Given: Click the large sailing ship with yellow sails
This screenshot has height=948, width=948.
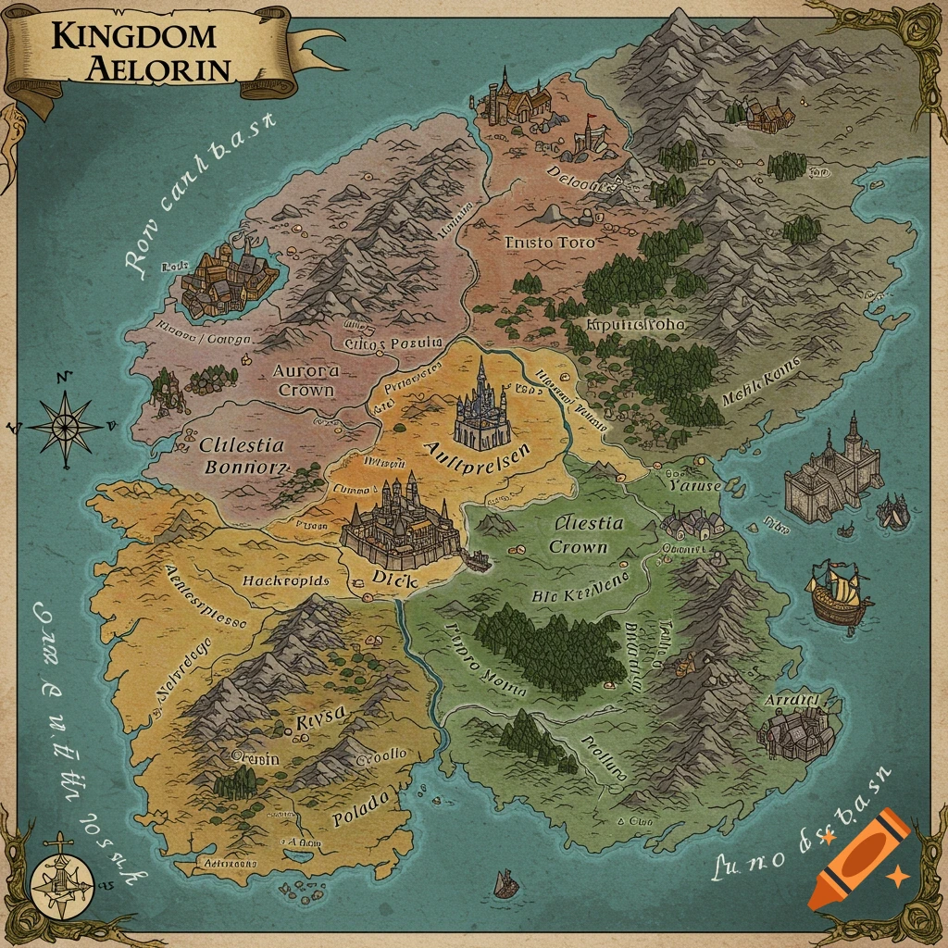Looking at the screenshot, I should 838,593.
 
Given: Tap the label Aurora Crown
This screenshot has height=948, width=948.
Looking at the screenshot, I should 304,380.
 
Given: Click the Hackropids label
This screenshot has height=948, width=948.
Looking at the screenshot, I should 285,580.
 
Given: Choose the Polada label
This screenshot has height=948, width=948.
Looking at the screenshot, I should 361,817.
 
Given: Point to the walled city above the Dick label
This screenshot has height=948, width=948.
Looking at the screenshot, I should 400,523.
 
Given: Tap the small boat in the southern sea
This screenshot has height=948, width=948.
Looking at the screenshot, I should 505,883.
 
